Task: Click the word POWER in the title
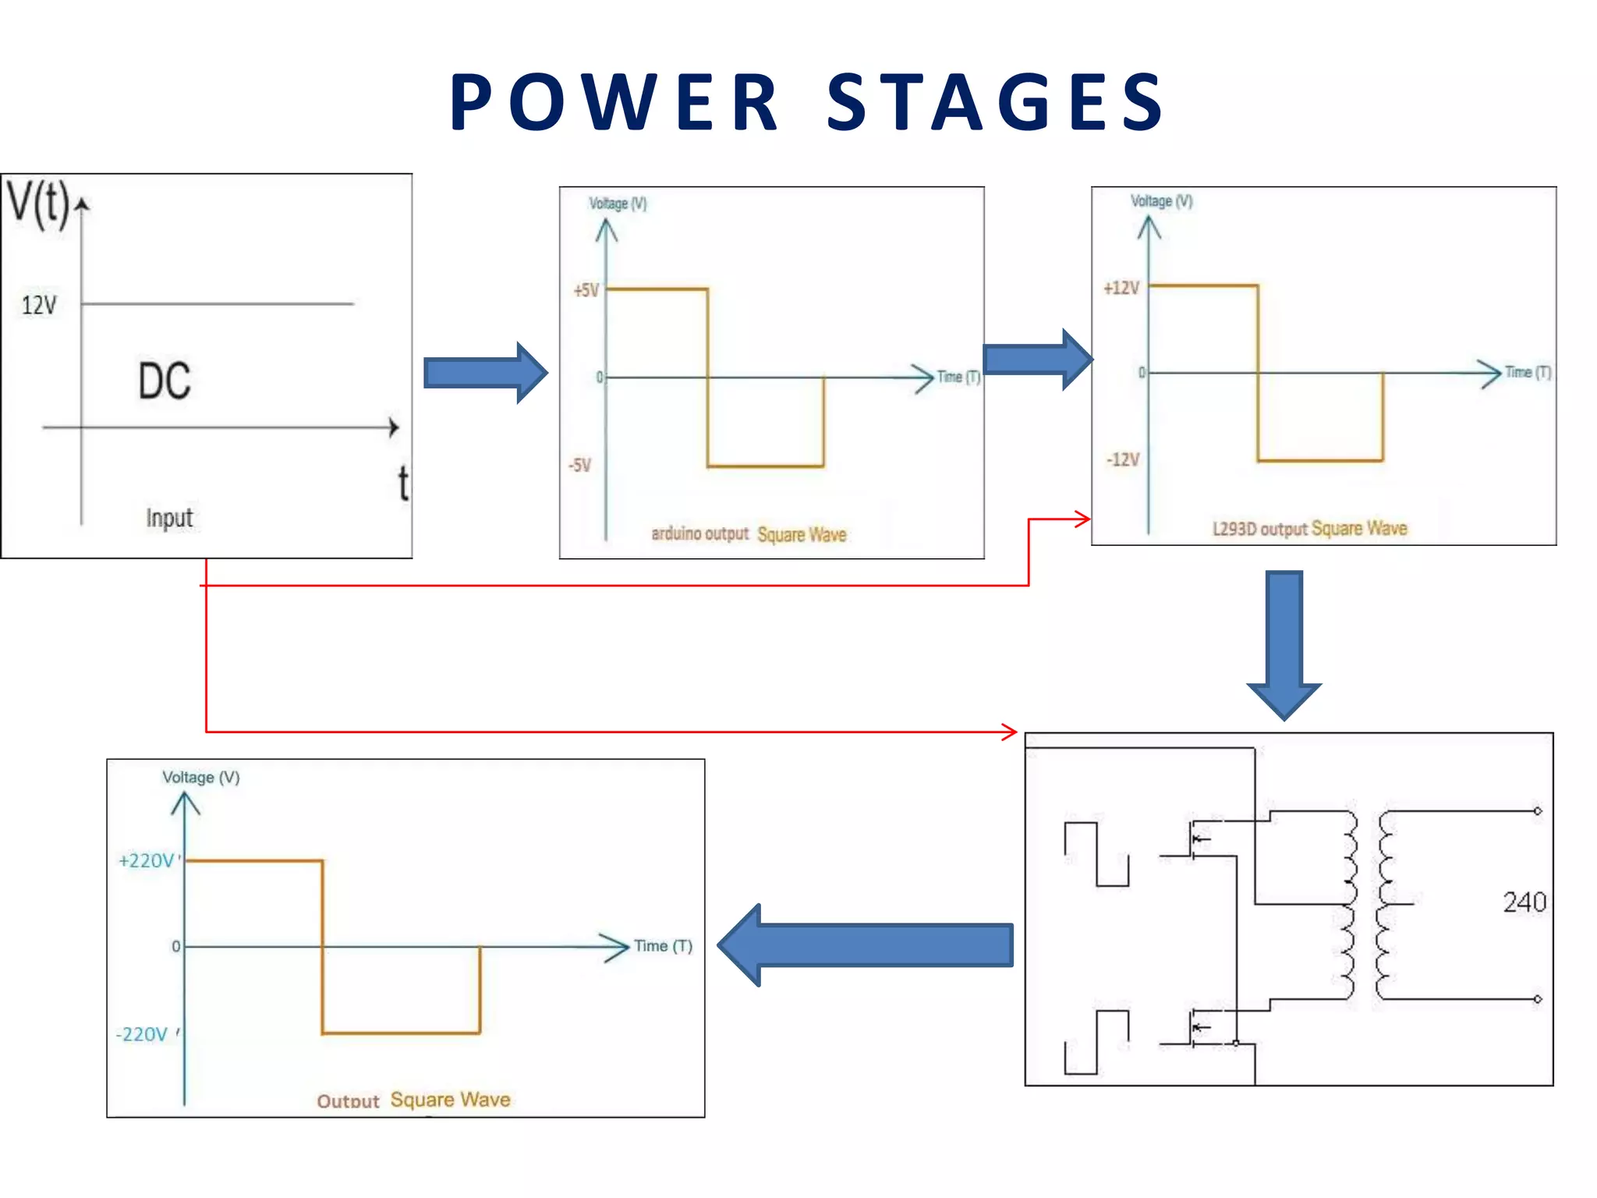614,102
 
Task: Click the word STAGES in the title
995,102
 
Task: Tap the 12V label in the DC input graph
39,305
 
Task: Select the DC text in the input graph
165,381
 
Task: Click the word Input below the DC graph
169,518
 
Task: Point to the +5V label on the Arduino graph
586,291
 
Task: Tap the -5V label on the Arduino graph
580,466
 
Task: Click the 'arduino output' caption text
699,533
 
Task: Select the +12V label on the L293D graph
1121,289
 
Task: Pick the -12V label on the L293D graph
1123,459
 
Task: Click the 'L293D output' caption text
1259,529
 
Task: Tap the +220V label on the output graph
147,861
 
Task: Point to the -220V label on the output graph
143,1034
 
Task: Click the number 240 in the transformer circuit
1524,902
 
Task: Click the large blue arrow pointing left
866,945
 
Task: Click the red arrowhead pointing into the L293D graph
1082,519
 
